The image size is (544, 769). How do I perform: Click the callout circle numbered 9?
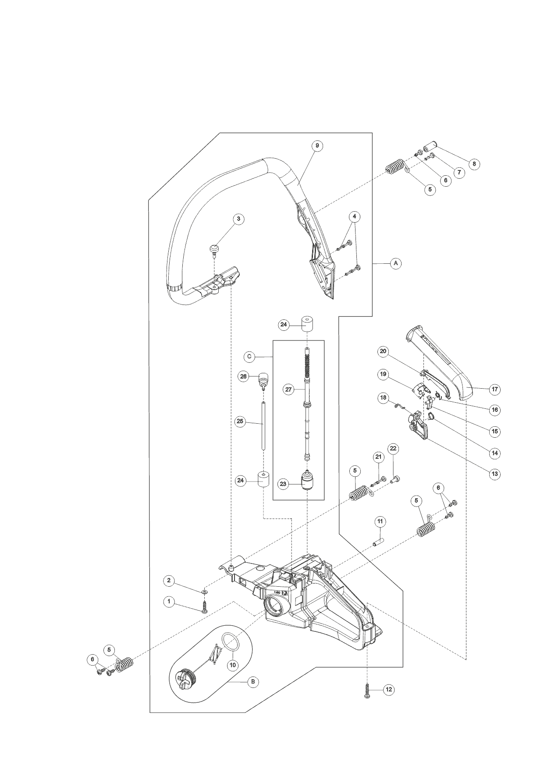click(x=317, y=146)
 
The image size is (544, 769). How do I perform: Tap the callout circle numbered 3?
click(x=238, y=219)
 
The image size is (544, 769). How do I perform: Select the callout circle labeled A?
click(x=395, y=263)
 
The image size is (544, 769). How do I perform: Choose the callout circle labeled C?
click(x=249, y=357)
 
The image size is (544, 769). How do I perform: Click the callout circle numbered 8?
click(x=473, y=164)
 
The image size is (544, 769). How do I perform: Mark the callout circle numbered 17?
click(x=495, y=389)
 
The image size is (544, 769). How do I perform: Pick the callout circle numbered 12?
click(x=388, y=690)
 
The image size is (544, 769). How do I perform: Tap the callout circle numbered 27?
click(x=288, y=389)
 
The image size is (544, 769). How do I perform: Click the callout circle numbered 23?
click(x=283, y=484)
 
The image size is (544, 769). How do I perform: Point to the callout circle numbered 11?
click(x=380, y=521)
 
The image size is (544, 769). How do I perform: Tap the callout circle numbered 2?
click(x=169, y=581)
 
